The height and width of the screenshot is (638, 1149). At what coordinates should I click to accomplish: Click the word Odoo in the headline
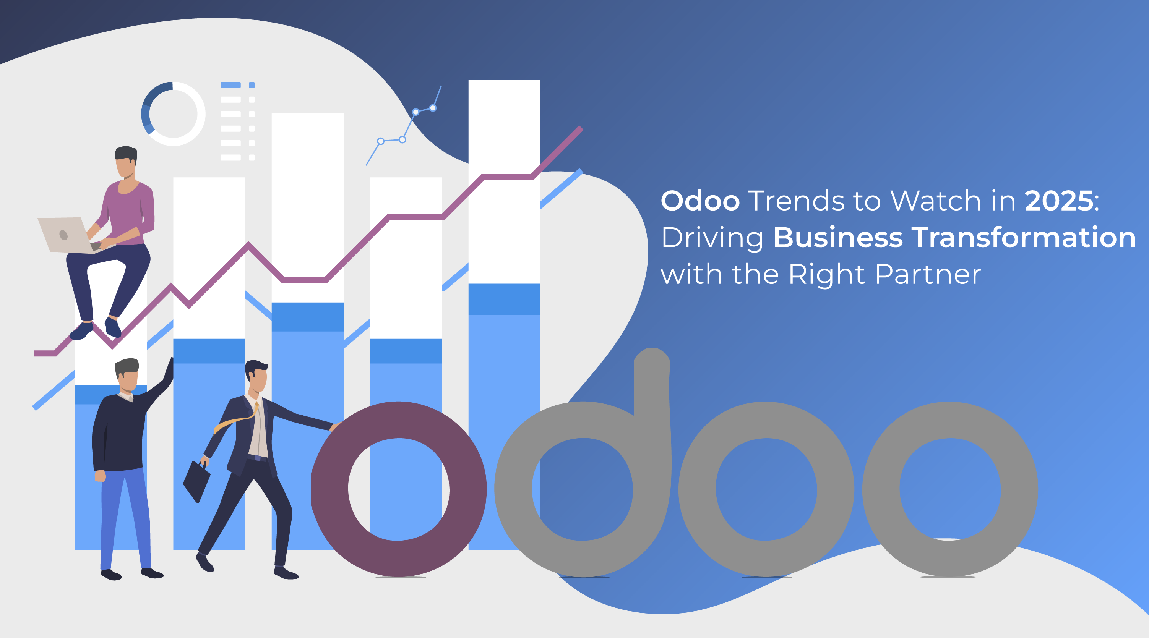(700, 201)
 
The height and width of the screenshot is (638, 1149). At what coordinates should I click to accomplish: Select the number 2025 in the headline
(1059, 201)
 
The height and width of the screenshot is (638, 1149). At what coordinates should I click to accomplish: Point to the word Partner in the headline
(928, 274)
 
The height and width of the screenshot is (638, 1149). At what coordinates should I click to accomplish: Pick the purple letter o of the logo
(399, 489)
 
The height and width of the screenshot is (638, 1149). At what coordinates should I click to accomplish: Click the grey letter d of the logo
(583, 464)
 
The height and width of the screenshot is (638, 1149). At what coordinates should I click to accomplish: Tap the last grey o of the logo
(950, 489)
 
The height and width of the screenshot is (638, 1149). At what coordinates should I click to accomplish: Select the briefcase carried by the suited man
(196, 481)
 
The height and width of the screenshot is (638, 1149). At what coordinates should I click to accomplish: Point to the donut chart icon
(173, 114)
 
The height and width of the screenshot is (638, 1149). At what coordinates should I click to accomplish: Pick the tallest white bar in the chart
(504, 182)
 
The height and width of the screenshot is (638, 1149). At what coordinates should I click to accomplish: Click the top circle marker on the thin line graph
(433, 108)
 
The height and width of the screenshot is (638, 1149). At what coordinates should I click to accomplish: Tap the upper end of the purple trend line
(581, 128)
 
